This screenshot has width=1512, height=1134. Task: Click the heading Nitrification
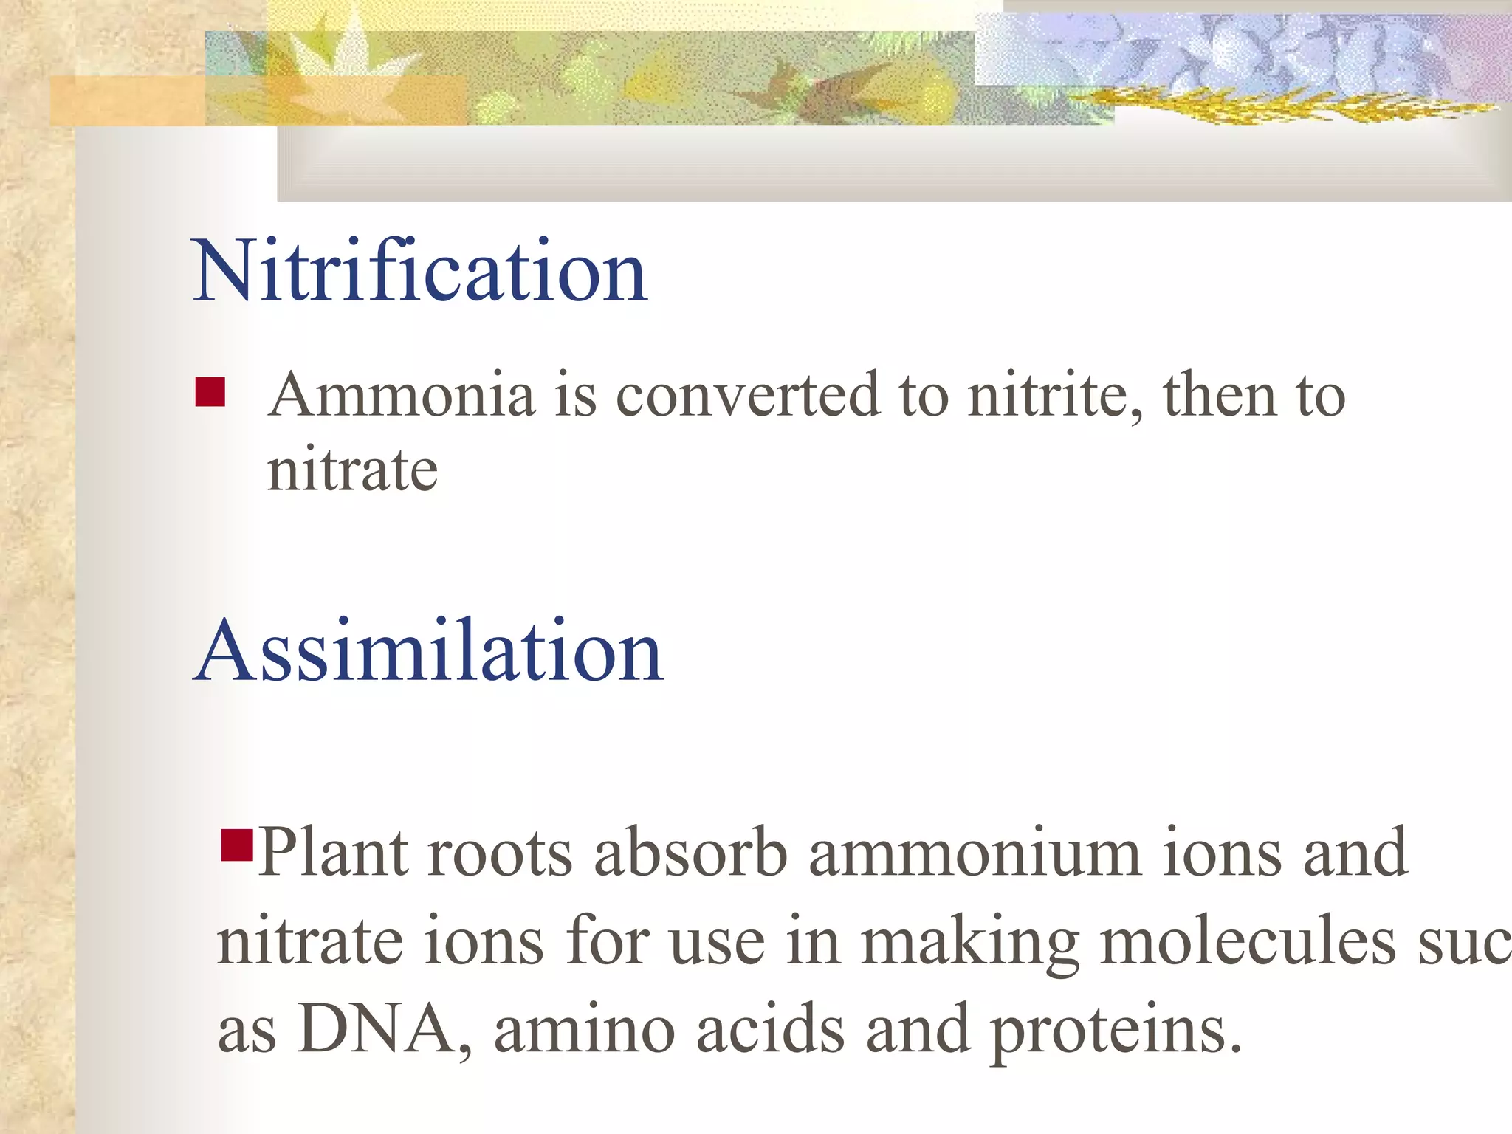click(x=419, y=271)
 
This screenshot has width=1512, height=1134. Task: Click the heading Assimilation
click(x=428, y=651)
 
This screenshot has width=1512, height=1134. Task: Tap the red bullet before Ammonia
click(x=210, y=392)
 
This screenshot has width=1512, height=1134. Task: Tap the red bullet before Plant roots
click(x=237, y=846)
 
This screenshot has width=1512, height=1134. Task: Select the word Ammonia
click(x=402, y=395)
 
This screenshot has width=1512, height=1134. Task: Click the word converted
click(x=748, y=395)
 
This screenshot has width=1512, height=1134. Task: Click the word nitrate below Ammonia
click(x=352, y=470)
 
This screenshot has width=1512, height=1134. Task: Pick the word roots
click(x=499, y=853)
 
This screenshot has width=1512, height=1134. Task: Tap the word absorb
click(x=690, y=853)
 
